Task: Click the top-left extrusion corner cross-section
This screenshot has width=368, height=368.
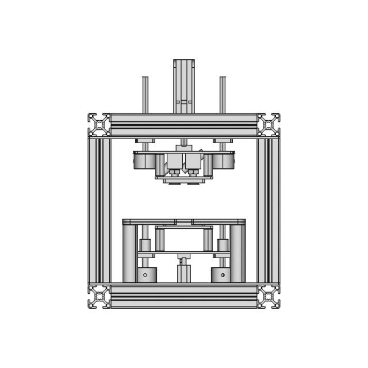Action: tap(99, 124)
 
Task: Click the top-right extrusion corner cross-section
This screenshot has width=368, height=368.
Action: tap(269, 124)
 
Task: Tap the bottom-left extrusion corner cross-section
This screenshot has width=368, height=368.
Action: tap(99, 296)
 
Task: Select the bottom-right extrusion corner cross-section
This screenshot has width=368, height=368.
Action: tap(269, 296)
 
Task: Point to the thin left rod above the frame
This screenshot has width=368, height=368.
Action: tap(145, 95)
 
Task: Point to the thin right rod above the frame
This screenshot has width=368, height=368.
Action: tap(223, 95)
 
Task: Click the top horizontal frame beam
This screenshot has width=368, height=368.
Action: tap(183, 124)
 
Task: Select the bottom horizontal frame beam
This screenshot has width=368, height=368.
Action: tap(183, 296)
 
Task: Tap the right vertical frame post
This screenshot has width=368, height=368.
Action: tap(269, 210)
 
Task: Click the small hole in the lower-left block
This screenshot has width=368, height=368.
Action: tap(145, 275)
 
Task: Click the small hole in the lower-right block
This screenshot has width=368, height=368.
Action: tap(223, 275)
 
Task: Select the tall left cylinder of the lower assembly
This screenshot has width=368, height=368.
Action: tap(129, 253)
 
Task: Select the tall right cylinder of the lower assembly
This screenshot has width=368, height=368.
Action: tap(237, 253)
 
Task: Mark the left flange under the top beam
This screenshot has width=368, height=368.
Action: tap(145, 140)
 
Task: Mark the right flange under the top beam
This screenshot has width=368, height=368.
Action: tap(223, 140)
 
